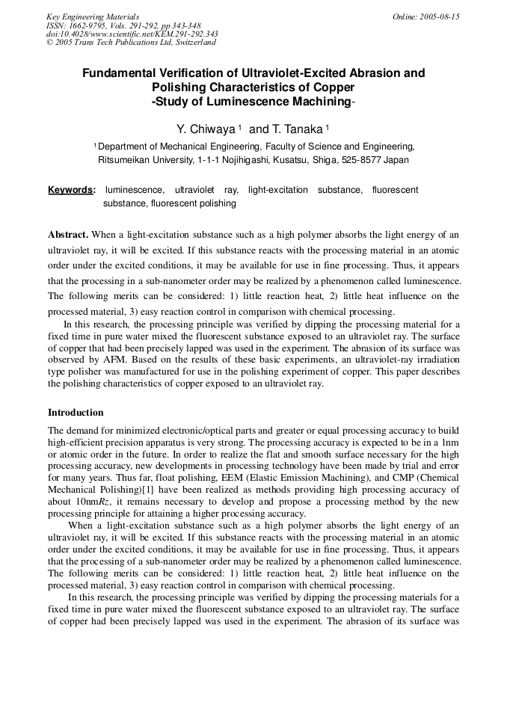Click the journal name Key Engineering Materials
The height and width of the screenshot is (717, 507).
coord(92,16)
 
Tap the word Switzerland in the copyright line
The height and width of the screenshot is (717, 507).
coord(194,43)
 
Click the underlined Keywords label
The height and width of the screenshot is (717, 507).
coord(71,190)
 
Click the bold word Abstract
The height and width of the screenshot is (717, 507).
coord(68,235)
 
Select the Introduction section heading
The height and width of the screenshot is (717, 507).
coord(76,413)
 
